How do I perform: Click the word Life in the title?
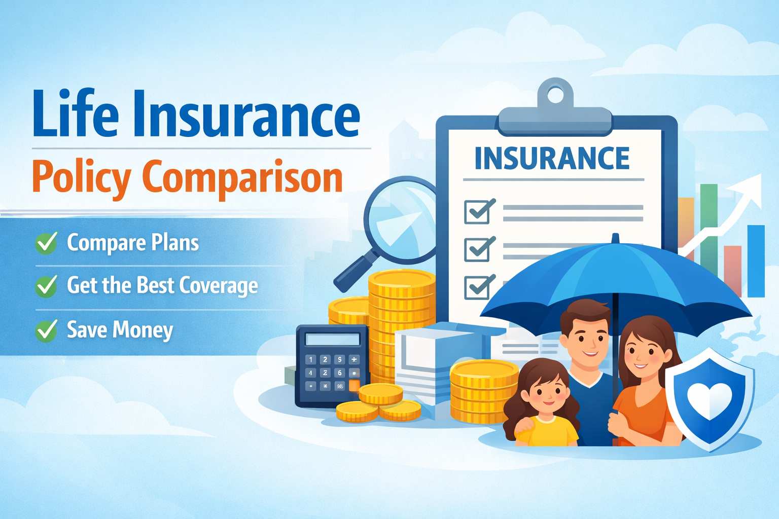coord(76,114)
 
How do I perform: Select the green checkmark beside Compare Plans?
coord(47,243)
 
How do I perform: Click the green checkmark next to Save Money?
coord(47,330)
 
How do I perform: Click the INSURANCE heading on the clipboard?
coord(552,159)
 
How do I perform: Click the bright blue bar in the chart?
coord(756,261)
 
